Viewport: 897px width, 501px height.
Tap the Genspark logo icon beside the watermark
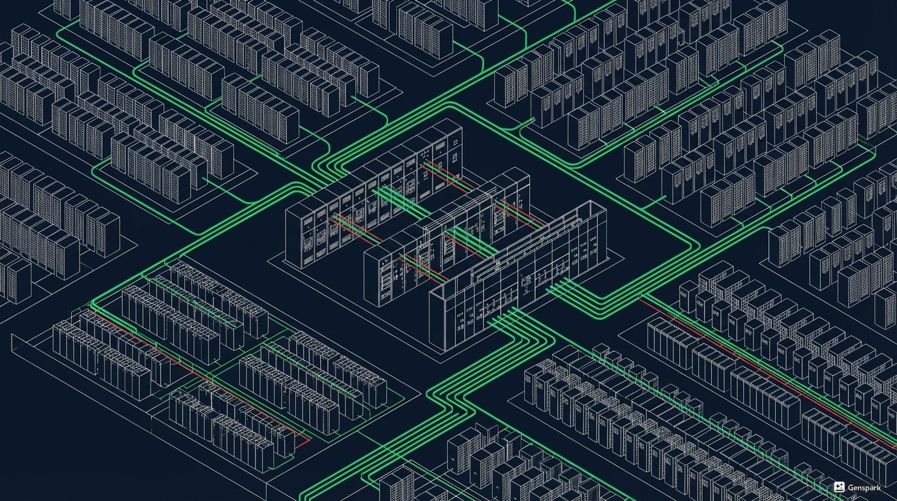tap(840, 487)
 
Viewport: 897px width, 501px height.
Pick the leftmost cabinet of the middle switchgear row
tap(375, 274)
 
